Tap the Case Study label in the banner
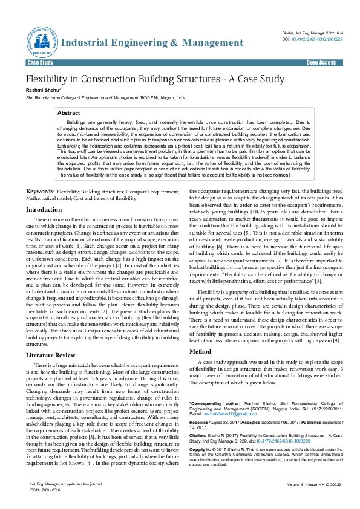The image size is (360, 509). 41,63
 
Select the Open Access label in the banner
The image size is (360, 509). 321,63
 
